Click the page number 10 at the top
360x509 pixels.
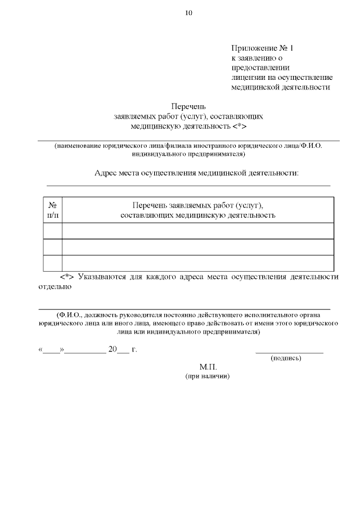point(188,13)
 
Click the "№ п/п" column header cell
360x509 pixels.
point(52,210)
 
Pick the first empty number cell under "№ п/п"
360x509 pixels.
point(52,231)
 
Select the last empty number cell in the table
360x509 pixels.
point(52,263)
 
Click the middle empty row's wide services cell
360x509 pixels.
point(197,247)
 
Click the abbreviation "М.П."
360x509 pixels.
point(208,367)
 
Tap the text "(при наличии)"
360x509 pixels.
point(208,376)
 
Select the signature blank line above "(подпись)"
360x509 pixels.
point(289,352)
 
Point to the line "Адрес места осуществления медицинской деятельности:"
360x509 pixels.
point(197,173)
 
